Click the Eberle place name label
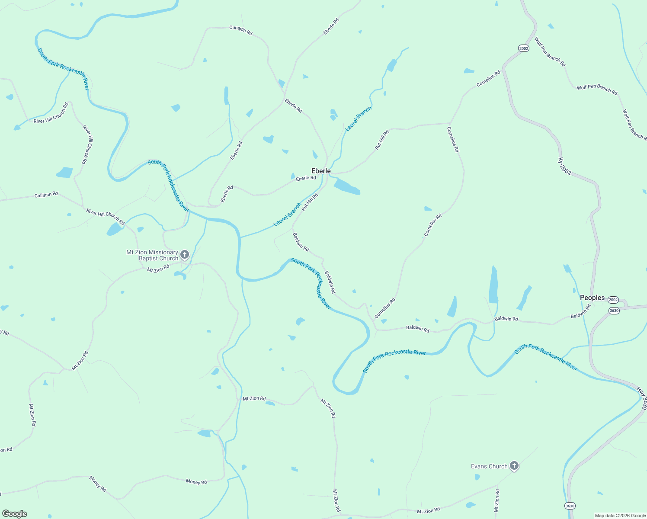click(x=321, y=171)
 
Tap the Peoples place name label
click(x=592, y=298)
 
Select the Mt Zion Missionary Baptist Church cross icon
click(x=185, y=254)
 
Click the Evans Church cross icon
click(x=514, y=466)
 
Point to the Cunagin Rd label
click(x=240, y=29)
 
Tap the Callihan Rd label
click(x=46, y=195)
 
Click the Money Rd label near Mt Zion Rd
click(x=196, y=482)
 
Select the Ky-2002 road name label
click(x=564, y=167)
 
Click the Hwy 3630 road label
click(x=642, y=398)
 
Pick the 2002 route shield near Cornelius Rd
click(x=523, y=48)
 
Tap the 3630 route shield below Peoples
click(x=614, y=311)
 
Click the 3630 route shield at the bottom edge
click(x=570, y=506)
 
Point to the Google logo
click(x=15, y=514)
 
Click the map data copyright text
click(x=620, y=516)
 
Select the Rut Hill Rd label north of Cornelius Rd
click(x=382, y=140)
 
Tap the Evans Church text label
click(x=489, y=466)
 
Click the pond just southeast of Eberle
click(x=346, y=186)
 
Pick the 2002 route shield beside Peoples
click(x=613, y=300)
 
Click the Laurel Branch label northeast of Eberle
click(x=358, y=119)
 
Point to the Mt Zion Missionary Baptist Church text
click(x=152, y=255)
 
